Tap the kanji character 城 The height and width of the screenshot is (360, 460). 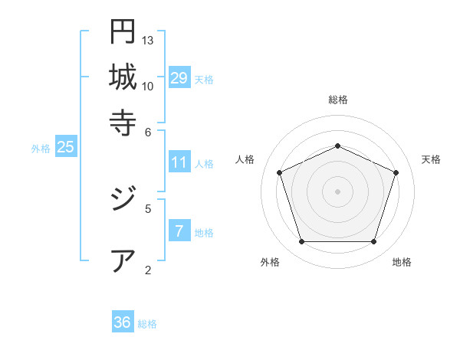click(123, 77)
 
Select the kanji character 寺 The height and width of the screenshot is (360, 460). click(123, 122)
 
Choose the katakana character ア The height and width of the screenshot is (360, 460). click(123, 260)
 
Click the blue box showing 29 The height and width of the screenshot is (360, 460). click(179, 78)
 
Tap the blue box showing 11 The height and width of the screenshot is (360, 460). click(179, 162)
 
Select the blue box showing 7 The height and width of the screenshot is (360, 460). click(179, 231)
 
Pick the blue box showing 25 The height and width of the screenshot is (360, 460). click(65, 148)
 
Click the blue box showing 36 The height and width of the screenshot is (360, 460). click(123, 322)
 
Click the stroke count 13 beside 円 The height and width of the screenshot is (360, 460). click(148, 40)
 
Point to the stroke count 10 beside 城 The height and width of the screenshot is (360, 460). click(148, 86)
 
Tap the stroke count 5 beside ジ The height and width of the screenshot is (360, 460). click(148, 208)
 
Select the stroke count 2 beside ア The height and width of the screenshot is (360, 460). click(148, 270)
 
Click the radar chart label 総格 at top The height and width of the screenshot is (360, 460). click(337, 100)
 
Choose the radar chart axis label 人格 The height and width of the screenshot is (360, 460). click(245, 159)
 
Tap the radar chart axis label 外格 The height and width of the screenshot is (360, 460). click(270, 263)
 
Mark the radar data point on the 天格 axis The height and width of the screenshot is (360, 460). click(396, 172)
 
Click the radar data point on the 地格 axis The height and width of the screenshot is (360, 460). click(373, 242)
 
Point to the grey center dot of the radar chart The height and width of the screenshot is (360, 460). click(337, 191)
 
